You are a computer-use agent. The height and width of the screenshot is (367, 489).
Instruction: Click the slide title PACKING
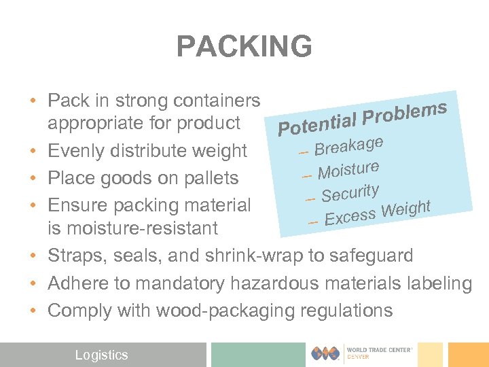coord(244,47)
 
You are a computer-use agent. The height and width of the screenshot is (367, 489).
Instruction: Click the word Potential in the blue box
coord(316,123)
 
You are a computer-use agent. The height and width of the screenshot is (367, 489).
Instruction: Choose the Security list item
coord(350,192)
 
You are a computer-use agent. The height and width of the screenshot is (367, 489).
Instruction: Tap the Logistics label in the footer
coord(101,355)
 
